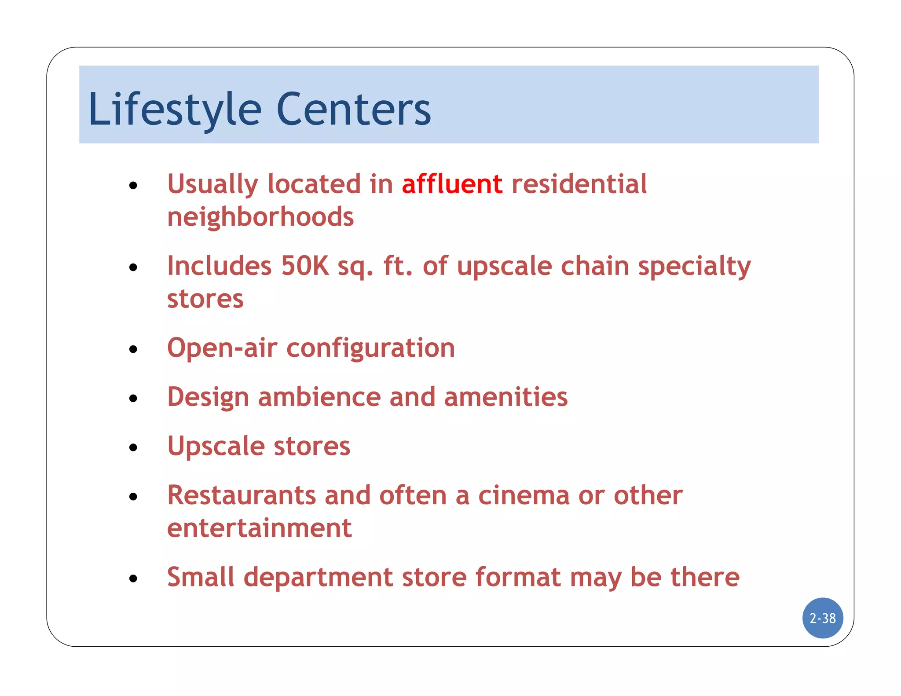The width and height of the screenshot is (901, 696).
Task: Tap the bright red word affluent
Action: click(x=452, y=184)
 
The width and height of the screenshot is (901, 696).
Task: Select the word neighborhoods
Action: click(x=260, y=217)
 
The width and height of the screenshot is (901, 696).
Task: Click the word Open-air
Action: click(x=222, y=348)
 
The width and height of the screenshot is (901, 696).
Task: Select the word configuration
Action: click(x=370, y=349)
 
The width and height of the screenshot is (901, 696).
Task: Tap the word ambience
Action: click(x=319, y=397)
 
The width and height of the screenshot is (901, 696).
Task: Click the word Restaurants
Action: click(x=242, y=495)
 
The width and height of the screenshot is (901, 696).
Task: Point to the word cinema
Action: click(x=524, y=495)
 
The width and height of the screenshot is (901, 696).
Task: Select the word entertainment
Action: click(x=259, y=528)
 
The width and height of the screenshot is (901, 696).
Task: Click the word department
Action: click(x=318, y=578)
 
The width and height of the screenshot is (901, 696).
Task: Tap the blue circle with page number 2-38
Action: click(x=822, y=618)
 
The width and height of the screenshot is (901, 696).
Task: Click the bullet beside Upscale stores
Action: click(x=133, y=448)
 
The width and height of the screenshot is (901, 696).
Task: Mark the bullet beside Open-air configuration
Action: click(x=133, y=350)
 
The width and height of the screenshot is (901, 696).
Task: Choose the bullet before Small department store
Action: click(x=133, y=579)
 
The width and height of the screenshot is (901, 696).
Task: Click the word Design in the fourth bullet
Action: click(x=208, y=398)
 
